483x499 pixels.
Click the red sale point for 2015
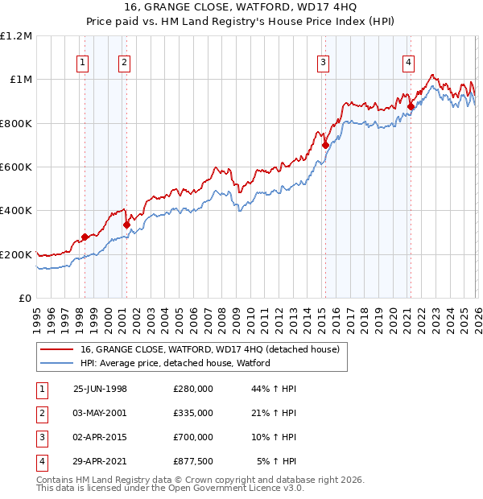coord(325,146)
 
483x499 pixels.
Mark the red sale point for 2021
coord(411,106)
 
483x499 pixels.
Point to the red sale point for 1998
coord(85,237)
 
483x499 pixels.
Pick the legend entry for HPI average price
coord(175,363)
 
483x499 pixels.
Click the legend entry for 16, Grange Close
coord(210,349)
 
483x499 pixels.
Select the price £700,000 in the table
coord(192,439)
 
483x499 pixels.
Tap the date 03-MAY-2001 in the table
coord(100,413)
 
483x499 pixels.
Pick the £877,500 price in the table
coord(192,462)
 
